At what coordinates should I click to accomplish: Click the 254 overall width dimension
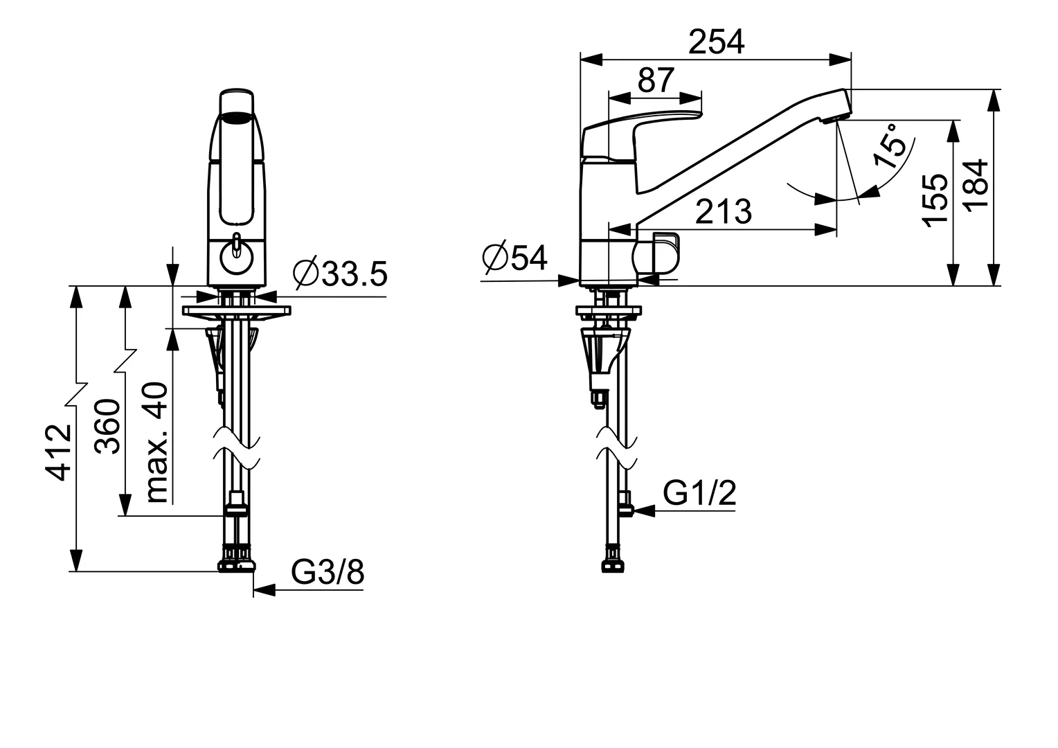[x=716, y=42]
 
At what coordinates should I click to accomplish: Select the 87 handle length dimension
[x=656, y=80]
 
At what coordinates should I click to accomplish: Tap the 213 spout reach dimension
[x=723, y=211]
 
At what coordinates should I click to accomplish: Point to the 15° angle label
[x=890, y=146]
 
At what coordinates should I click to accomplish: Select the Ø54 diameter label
[x=514, y=258]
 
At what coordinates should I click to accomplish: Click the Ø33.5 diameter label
[x=340, y=274]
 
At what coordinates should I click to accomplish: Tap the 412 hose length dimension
[x=59, y=452]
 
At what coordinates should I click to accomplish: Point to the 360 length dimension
[x=107, y=427]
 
